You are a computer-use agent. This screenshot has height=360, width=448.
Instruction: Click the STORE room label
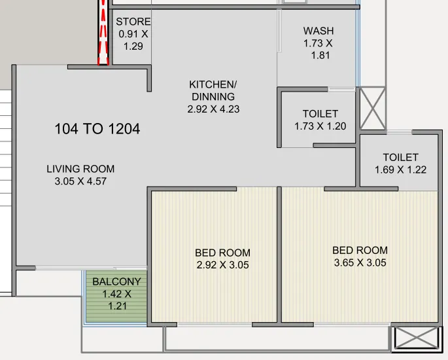click(x=133, y=22)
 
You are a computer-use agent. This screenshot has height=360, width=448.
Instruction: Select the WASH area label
click(x=319, y=31)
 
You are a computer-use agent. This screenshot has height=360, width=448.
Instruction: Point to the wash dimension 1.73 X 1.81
click(x=319, y=49)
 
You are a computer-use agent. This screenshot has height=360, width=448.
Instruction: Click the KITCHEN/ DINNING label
click(x=213, y=90)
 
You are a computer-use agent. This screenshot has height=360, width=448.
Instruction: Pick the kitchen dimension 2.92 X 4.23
click(x=213, y=109)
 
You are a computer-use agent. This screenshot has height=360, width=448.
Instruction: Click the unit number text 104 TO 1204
click(x=97, y=129)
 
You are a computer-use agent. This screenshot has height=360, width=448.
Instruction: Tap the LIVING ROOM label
click(x=80, y=169)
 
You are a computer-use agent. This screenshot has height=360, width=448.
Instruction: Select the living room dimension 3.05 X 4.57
click(x=80, y=181)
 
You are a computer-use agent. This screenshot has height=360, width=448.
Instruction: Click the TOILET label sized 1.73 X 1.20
click(x=320, y=114)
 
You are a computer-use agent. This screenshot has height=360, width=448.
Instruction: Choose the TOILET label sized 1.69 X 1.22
click(x=400, y=157)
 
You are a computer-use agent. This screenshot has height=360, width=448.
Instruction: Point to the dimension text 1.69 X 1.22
click(x=400, y=170)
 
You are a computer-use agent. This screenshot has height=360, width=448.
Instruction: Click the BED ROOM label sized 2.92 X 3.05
click(x=222, y=253)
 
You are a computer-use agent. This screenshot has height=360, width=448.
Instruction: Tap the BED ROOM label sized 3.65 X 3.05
click(x=360, y=250)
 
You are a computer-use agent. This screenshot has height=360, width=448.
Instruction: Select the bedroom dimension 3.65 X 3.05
click(x=360, y=262)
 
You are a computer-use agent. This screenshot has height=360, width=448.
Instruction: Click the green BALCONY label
click(x=116, y=281)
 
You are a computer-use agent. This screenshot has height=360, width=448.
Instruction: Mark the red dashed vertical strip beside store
click(x=102, y=33)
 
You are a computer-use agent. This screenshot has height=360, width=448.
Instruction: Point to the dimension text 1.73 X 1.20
click(x=320, y=126)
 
